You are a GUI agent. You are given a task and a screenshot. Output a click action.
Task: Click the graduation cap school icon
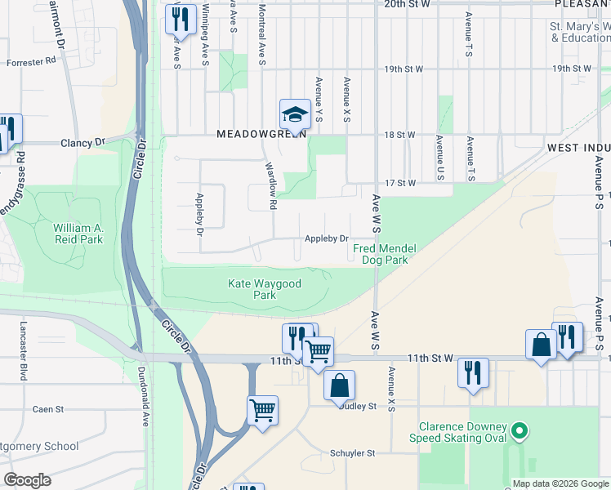click(x=295, y=114)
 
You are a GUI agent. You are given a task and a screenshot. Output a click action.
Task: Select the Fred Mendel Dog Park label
click(x=379, y=254)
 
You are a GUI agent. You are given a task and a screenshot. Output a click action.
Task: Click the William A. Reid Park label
click(x=78, y=234)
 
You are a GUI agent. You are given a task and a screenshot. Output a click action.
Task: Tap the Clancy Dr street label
click(x=83, y=142)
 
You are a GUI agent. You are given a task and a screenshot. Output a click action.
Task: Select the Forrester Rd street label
click(x=31, y=60)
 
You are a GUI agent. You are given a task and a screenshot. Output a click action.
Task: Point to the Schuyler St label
click(x=352, y=452)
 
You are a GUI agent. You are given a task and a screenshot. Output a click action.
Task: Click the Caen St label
click(x=42, y=409)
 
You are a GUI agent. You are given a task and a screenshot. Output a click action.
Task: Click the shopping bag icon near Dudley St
click(x=339, y=384)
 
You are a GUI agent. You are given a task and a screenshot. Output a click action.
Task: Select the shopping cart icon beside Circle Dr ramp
click(x=262, y=409)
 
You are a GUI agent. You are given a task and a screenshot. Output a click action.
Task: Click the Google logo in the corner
click(x=26, y=480)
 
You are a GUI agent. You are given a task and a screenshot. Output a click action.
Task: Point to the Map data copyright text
click(x=560, y=483)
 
